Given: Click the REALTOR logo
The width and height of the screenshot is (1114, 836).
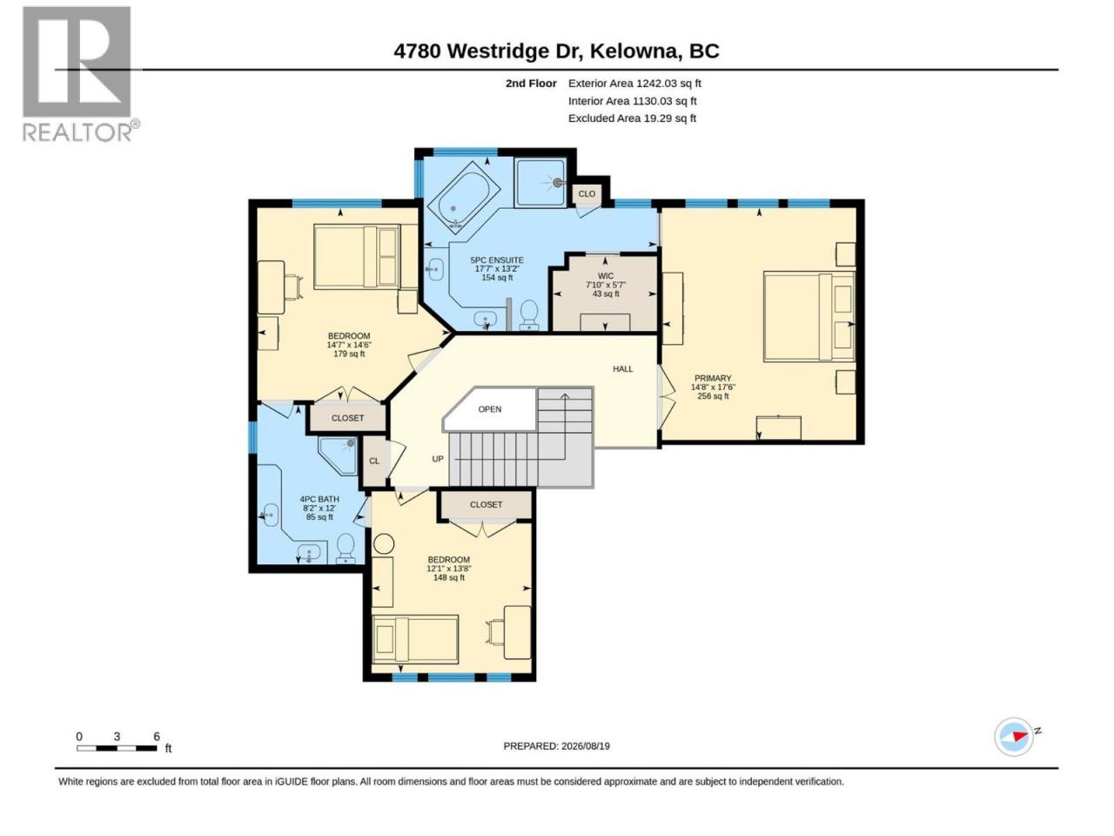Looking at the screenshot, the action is point(80,74).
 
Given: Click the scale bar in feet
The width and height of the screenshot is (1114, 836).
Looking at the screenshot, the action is point(117,748).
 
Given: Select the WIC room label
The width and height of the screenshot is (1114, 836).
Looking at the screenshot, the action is point(606,276).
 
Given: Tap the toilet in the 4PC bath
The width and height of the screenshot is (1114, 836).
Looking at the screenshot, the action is point(346,549).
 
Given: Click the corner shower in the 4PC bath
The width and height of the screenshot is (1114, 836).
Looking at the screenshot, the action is point(339,455).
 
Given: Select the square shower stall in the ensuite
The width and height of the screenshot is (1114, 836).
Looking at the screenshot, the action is point(540,183).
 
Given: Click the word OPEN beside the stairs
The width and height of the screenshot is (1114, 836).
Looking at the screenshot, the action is point(490,409).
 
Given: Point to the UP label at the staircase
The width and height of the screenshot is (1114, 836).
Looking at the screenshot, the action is point(438,459).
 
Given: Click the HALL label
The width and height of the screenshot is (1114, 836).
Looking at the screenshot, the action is point(623,369).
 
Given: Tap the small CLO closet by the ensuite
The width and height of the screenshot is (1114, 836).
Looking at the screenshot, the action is point(587,194).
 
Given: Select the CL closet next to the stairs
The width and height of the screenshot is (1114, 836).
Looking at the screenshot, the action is point(374,461).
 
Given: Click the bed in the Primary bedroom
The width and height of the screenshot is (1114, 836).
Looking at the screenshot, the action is point(809,316).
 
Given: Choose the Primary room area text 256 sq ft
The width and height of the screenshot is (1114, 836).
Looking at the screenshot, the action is point(713,396).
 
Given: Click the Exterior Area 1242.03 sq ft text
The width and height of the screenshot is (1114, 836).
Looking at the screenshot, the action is point(634,84).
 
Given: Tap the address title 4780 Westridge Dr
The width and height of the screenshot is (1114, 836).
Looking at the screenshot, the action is point(487,51).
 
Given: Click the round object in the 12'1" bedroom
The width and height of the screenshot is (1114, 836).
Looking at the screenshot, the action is point(384,544).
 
